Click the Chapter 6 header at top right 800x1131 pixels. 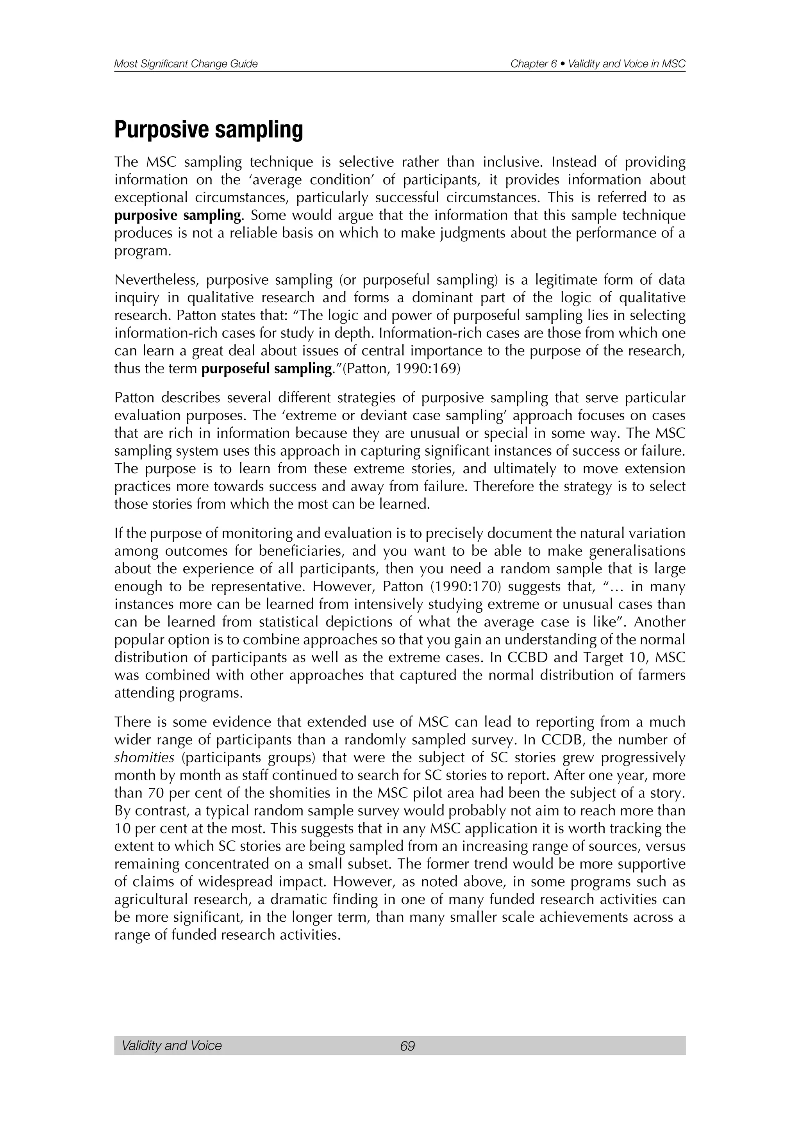(598, 64)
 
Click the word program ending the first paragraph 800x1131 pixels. (141, 251)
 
